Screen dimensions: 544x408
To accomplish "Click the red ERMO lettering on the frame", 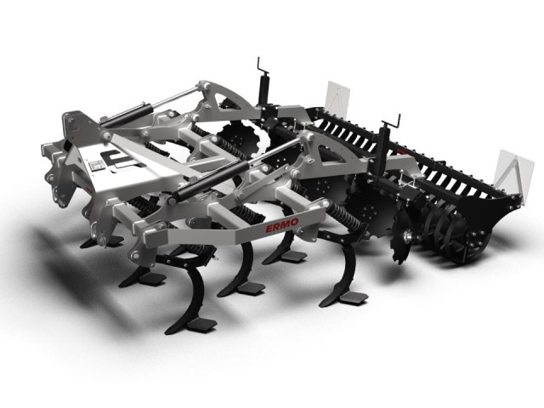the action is click(x=281, y=226).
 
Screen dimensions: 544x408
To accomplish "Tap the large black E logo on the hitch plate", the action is click(x=118, y=161).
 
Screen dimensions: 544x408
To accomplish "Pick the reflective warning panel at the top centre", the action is click(x=338, y=98).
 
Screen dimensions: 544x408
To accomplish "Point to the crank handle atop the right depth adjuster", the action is click(x=391, y=122).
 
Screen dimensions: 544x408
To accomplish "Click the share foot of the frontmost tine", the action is click(x=202, y=324).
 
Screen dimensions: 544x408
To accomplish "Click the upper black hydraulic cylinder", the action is click(x=127, y=115).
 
